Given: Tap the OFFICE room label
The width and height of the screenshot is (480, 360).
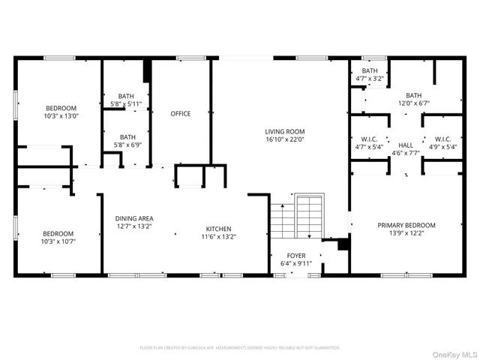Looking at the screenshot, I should tap(180, 114).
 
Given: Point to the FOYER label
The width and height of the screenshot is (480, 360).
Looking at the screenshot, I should tap(296, 255).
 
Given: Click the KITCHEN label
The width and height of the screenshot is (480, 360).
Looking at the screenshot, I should tap(219, 229).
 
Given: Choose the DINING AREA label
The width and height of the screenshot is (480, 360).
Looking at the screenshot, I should tap(135, 217).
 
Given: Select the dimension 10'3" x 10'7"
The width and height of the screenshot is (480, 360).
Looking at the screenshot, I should tap(58, 241).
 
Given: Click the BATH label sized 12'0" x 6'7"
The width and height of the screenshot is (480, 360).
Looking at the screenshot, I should tap(413, 95).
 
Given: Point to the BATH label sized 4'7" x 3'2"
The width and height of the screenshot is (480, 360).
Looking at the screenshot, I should tap(369, 70).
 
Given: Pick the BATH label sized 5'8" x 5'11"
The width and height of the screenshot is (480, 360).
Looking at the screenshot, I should tap(127, 95).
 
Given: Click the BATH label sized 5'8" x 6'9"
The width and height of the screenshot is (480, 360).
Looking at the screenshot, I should tap(127, 136).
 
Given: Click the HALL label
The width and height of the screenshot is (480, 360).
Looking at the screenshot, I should tap(405, 145).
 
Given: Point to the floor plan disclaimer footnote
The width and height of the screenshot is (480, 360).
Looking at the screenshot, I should tap(240, 347).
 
